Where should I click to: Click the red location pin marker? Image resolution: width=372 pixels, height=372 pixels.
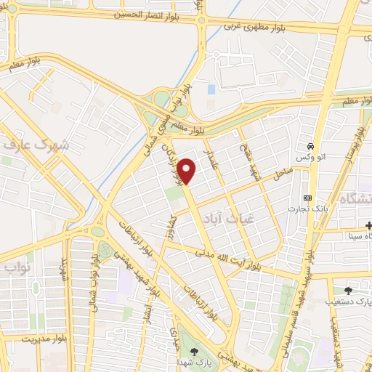tap(187, 170)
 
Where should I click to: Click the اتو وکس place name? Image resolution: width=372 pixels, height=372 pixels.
tap(309, 158)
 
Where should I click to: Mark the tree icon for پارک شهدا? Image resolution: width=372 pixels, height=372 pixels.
tap(193, 352)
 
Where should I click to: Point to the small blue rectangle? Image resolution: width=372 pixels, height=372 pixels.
tap(211, 89)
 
